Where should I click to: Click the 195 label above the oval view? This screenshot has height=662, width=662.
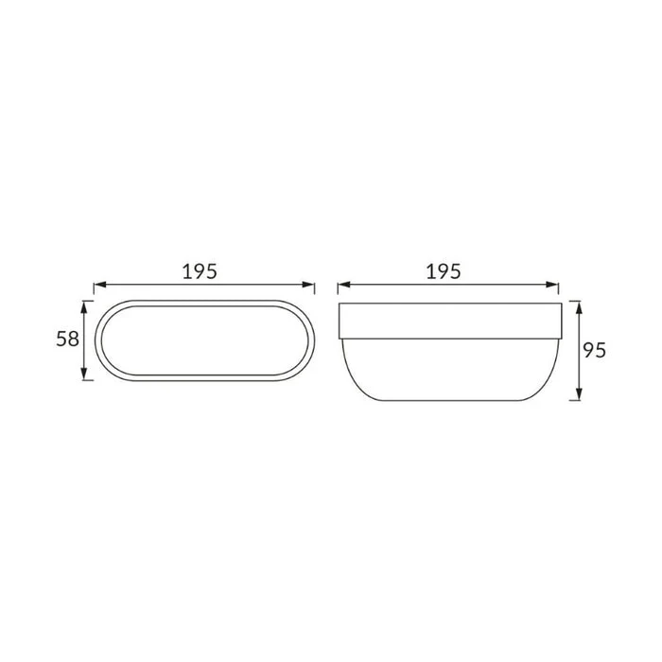[200, 271]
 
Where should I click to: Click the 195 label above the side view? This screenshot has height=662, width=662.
[444, 271]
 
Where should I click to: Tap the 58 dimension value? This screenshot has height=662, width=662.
[67, 339]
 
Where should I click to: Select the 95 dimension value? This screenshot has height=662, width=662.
[595, 350]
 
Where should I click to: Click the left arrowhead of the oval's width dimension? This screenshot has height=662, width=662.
[99, 285]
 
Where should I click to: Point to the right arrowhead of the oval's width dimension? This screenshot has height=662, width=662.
[308, 285]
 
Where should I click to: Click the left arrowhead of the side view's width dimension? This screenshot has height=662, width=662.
[343, 285]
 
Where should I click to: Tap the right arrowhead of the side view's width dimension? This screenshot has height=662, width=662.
[552, 285]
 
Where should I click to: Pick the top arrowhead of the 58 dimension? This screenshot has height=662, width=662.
[84, 307]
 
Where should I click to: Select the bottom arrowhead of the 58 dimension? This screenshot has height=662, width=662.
[84, 375]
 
